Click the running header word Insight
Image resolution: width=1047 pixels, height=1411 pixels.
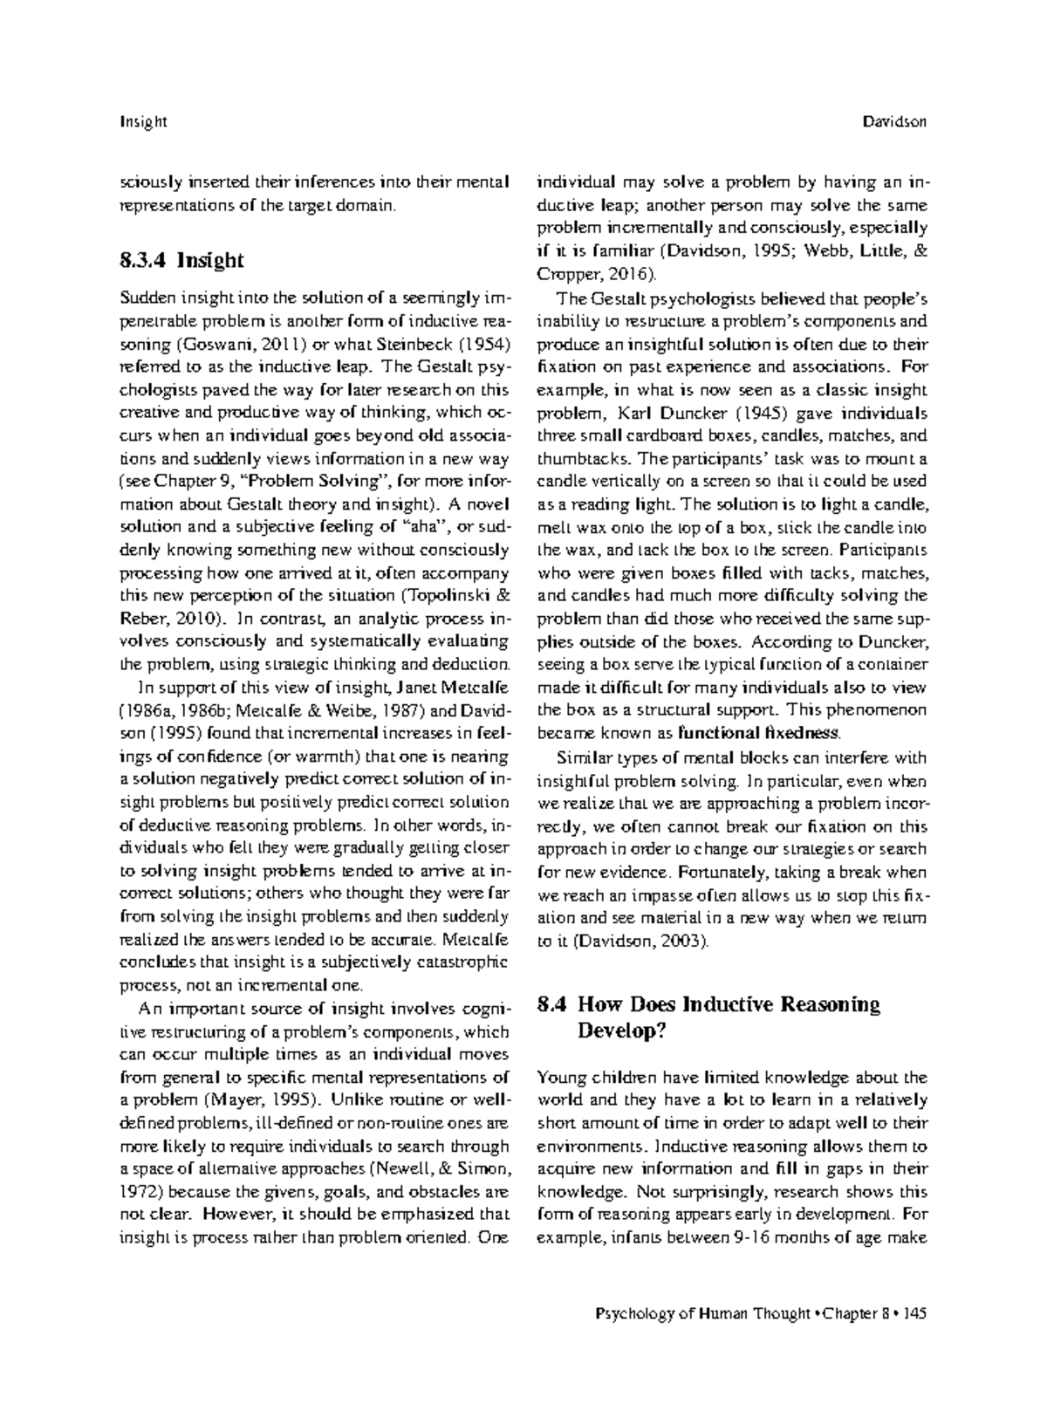tap(142, 122)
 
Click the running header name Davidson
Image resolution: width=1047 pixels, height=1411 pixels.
tap(893, 122)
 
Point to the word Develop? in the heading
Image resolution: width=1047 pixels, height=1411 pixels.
tap(622, 1031)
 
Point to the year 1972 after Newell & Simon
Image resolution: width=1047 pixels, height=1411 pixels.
tap(138, 1190)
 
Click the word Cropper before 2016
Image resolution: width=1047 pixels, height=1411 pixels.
tap(568, 274)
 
